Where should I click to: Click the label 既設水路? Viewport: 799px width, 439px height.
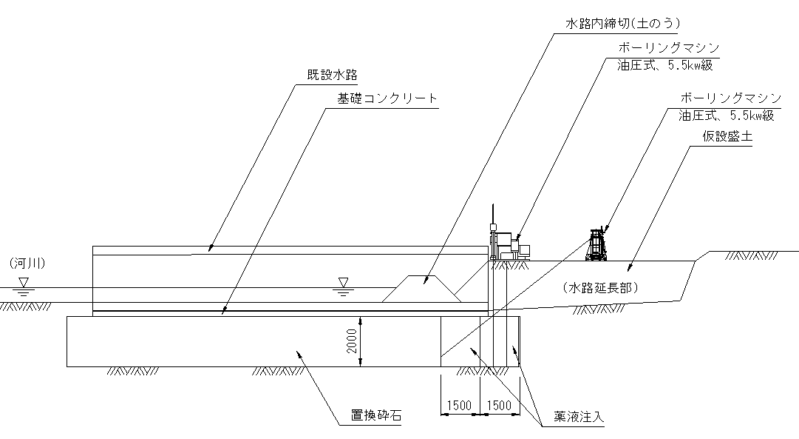point(333,76)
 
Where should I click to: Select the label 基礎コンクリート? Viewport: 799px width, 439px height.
point(387,98)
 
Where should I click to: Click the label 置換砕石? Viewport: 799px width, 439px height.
point(376,416)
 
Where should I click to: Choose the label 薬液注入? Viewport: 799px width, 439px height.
point(579,418)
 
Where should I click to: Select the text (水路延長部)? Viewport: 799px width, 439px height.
point(599,286)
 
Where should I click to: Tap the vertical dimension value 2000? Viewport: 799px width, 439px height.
point(353,341)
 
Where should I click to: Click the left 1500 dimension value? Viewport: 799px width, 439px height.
point(459,405)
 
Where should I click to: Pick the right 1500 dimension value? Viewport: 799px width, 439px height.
point(500,405)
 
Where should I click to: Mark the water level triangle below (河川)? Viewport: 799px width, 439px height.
point(24,281)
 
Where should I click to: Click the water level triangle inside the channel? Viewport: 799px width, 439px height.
point(342,281)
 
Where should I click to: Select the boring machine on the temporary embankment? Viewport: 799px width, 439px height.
point(597,245)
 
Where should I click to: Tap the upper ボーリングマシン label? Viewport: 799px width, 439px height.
point(669,48)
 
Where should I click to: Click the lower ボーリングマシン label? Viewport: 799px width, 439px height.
point(730,98)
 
